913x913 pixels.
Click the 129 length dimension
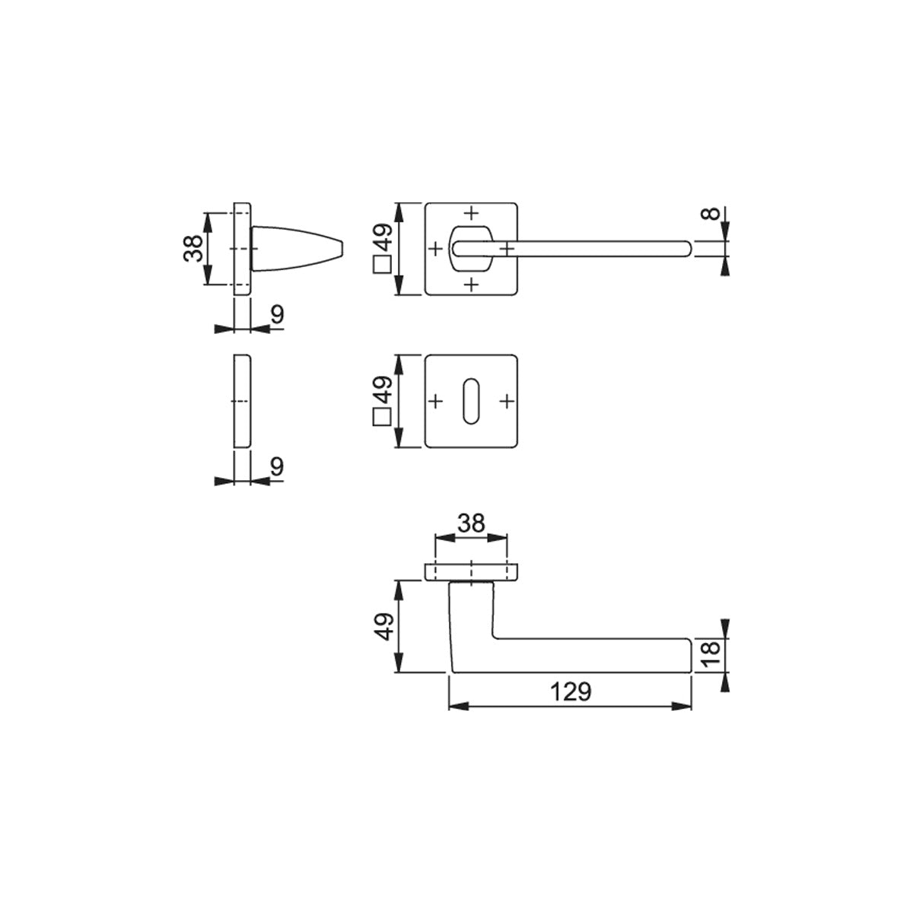pos(571,692)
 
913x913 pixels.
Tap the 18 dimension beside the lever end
pos(711,654)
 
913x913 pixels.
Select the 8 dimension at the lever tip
pos(711,214)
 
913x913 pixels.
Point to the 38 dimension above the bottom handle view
pos(472,523)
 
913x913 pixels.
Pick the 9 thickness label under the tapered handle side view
pos(278,314)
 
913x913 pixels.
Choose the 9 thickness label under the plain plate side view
pos(278,466)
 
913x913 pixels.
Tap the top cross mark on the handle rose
pos(471,213)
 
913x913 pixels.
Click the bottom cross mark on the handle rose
pos(471,285)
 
